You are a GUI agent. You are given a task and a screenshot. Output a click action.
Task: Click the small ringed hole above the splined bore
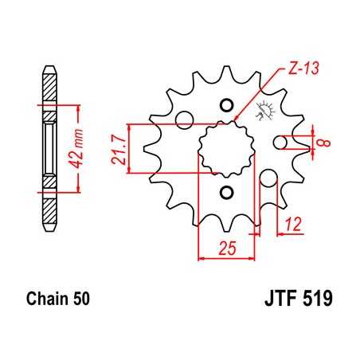coord(226,105)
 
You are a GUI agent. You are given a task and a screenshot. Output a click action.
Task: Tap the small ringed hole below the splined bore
coord(226,193)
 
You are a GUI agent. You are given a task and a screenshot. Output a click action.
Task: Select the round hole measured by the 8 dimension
coord(280,143)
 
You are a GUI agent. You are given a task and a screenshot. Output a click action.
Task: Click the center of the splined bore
coord(225,149)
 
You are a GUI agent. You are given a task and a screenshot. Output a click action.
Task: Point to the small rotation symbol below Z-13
coord(260,119)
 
